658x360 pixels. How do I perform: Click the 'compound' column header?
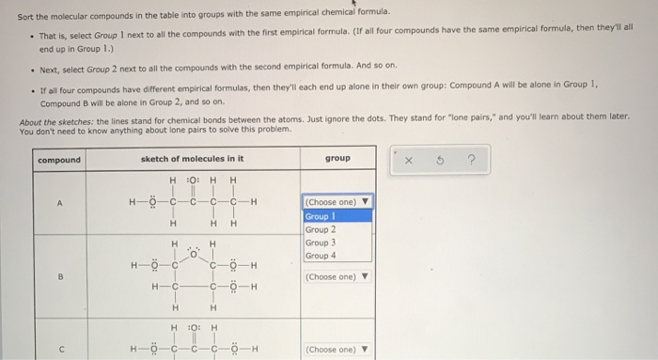pyautogui.click(x=59, y=159)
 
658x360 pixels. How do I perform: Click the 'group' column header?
pyautogui.click(x=337, y=159)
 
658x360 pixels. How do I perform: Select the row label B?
pyautogui.click(x=59, y=275)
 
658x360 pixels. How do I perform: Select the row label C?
pyautogui.click(x=59, y=349)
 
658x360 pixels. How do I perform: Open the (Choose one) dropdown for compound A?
pyautogui.click(x=337, y=202)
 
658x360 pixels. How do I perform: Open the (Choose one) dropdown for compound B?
pyautogui.click(x=337, y=276)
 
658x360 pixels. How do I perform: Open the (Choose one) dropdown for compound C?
pyautogui.click(x=337, y=350)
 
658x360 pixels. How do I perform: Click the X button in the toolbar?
pyautogui.click(x=409, y=160)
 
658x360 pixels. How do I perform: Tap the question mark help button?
pyautogui.click(x=470, y=160)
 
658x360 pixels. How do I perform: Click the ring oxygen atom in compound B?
pyautogui.click(x=194, y=253)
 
